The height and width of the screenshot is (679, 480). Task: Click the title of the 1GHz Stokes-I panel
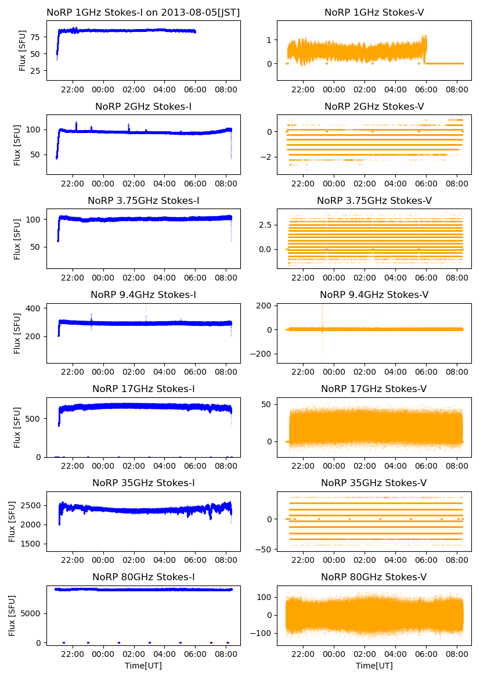pyautogui.click(x=143, y=12)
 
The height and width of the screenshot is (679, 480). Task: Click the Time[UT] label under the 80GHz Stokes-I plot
pyautogui.click(x=143, y=665)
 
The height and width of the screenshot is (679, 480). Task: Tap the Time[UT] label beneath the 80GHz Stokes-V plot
pyautogui.click(x=374, y=665)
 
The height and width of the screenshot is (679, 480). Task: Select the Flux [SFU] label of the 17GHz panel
pyautogui.click(x=17, y=427)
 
